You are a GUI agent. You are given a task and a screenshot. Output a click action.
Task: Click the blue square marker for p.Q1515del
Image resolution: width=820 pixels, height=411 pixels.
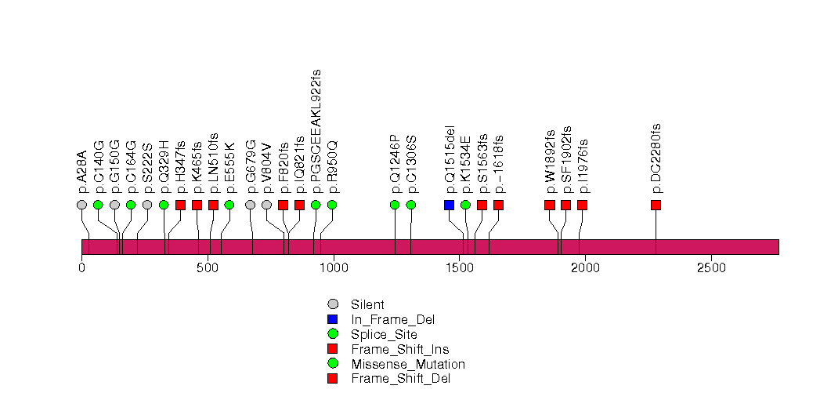point(449,205)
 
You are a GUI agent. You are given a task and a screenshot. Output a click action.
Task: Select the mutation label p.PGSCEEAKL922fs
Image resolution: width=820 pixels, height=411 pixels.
point(316,131)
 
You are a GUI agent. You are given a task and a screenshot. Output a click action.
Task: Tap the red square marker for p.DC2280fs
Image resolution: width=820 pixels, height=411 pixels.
point(656,205)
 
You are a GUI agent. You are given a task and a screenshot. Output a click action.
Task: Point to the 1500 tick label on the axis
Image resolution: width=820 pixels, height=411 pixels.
point(459,267)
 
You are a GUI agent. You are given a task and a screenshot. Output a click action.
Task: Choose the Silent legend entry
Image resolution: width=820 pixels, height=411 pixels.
point(367,304)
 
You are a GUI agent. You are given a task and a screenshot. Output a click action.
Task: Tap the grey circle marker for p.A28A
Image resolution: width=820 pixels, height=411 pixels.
point(82,205)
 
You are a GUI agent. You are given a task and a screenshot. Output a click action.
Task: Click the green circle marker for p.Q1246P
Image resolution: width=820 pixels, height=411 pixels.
point(395,205)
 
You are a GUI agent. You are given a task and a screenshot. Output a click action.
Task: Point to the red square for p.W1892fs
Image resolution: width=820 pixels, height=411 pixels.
point(550,205)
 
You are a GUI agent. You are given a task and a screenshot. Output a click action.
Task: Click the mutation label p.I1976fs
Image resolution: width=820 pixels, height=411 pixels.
point(583,166)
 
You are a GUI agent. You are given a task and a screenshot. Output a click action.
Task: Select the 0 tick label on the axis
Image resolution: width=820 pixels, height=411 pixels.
point(82,267)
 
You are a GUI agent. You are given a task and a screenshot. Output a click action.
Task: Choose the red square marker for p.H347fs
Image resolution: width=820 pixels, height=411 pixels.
point(181,205)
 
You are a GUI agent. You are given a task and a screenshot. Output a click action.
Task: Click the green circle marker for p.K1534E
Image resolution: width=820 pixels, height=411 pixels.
point(465,205)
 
